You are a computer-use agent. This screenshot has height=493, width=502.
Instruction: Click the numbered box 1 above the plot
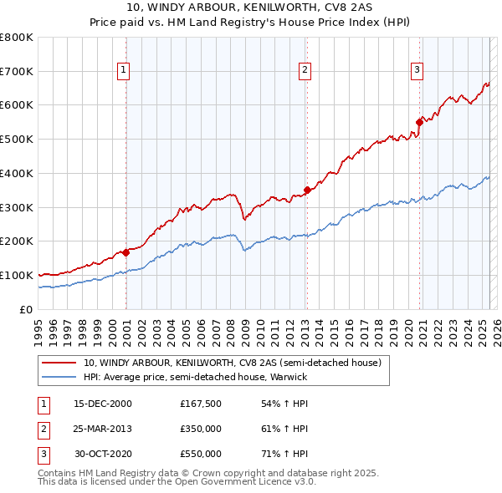(x=123, y=70)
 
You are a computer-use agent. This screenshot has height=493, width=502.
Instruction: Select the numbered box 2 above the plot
(x=305, y=70)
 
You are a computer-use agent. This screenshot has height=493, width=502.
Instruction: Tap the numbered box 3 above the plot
(x=417, y=70)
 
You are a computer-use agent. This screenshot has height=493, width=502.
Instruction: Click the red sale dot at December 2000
(x=125, y=252)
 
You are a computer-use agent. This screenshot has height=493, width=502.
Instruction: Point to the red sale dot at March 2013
(x=307, y=190)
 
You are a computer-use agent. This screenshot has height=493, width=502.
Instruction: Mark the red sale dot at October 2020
(x=419, y=122)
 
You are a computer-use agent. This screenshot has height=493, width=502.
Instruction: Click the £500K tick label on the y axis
(x=17, y=140)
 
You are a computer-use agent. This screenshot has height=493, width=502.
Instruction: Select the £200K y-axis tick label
(x=17, y=241)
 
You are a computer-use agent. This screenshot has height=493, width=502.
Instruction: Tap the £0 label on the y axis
(x=25, y=309)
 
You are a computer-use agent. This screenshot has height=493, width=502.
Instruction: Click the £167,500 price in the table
(x=200, y=404)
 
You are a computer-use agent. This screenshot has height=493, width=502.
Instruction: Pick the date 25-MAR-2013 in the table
(x=103, y=429)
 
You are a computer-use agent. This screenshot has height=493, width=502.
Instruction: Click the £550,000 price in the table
(x=200, y=454)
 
